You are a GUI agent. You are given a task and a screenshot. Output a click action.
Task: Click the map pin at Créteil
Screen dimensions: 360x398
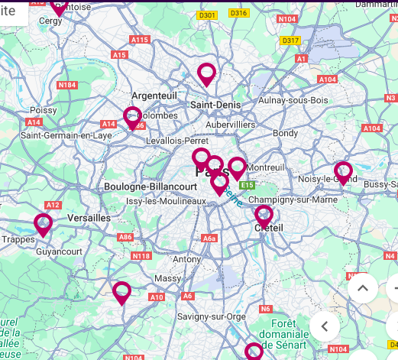264,215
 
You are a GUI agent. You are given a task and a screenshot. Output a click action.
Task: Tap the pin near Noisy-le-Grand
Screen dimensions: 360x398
343,172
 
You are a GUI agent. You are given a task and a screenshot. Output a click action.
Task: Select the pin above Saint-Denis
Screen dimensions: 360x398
206,73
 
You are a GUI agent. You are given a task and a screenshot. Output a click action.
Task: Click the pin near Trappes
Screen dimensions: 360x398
43,224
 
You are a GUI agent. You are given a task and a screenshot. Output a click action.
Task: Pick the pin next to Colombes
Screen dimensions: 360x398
133,117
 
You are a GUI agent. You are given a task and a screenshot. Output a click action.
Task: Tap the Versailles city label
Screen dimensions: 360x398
89,218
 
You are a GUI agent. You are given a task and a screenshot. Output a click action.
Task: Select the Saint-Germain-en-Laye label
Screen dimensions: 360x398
66,135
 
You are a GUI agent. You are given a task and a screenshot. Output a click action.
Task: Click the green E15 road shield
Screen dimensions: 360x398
246,185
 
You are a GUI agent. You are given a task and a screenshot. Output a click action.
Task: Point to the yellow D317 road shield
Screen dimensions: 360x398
290,41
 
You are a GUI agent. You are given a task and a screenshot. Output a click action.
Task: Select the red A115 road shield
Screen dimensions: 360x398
140,40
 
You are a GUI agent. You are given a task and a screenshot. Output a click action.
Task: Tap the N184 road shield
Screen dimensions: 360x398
66,85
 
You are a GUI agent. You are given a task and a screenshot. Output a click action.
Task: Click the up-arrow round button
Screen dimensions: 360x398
363,289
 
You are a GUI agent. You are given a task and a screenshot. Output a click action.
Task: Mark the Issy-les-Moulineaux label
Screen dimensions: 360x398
166,201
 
